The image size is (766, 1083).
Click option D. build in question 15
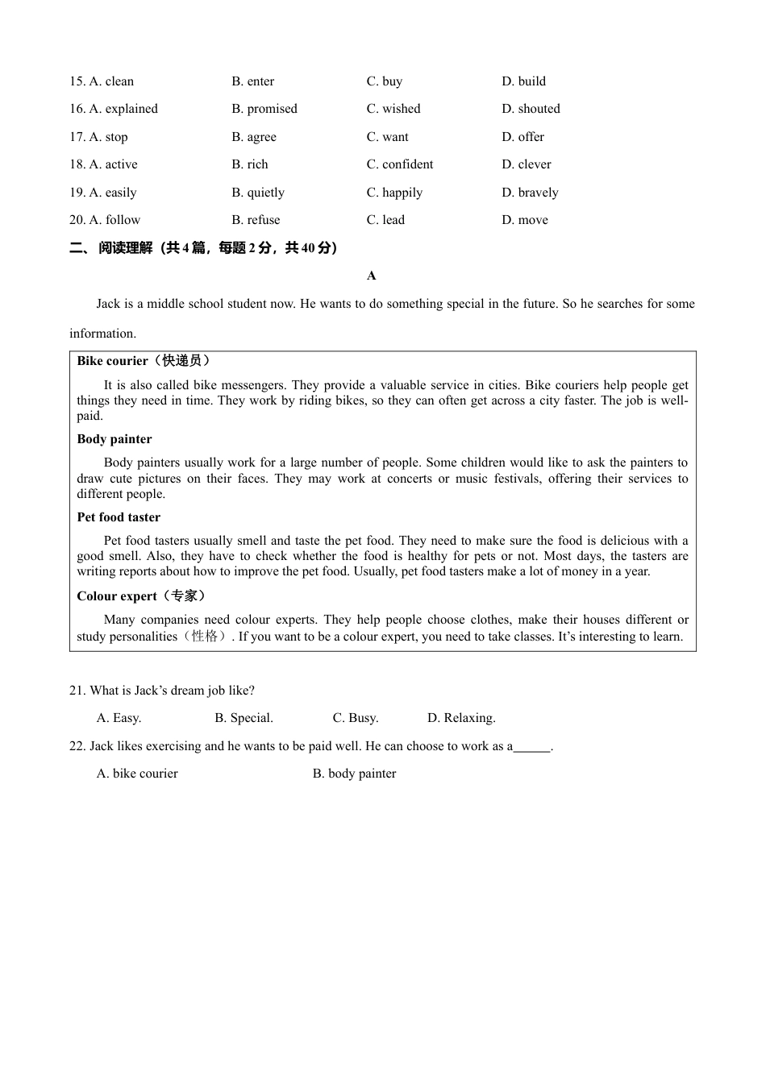tap(523, 81)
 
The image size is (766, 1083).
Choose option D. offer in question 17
tap(522, 137)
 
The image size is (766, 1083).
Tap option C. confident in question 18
tap(399, 164)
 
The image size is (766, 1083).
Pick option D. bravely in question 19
tap(530, 193)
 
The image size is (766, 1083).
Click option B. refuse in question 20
tap(256, 220)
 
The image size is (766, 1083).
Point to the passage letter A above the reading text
tap(371, 276)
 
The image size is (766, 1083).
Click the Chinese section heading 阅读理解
tap(125, 248)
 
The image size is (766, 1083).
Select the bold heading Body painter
tap(114, 439)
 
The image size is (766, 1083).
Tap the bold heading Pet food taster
tap(119, 517)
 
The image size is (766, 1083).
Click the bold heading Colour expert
tap(117, 596)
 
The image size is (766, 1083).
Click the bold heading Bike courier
tap(112, 361)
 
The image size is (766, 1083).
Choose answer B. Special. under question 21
tap(244, 718)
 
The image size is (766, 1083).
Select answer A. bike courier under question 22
tap(137, 774)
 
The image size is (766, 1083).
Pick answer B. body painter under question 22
tap(354, 774)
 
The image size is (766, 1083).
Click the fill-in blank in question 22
tap(532, 747)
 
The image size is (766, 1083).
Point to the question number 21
tap(77, 691)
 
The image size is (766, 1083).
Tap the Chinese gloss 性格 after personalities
tap(205, 636)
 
